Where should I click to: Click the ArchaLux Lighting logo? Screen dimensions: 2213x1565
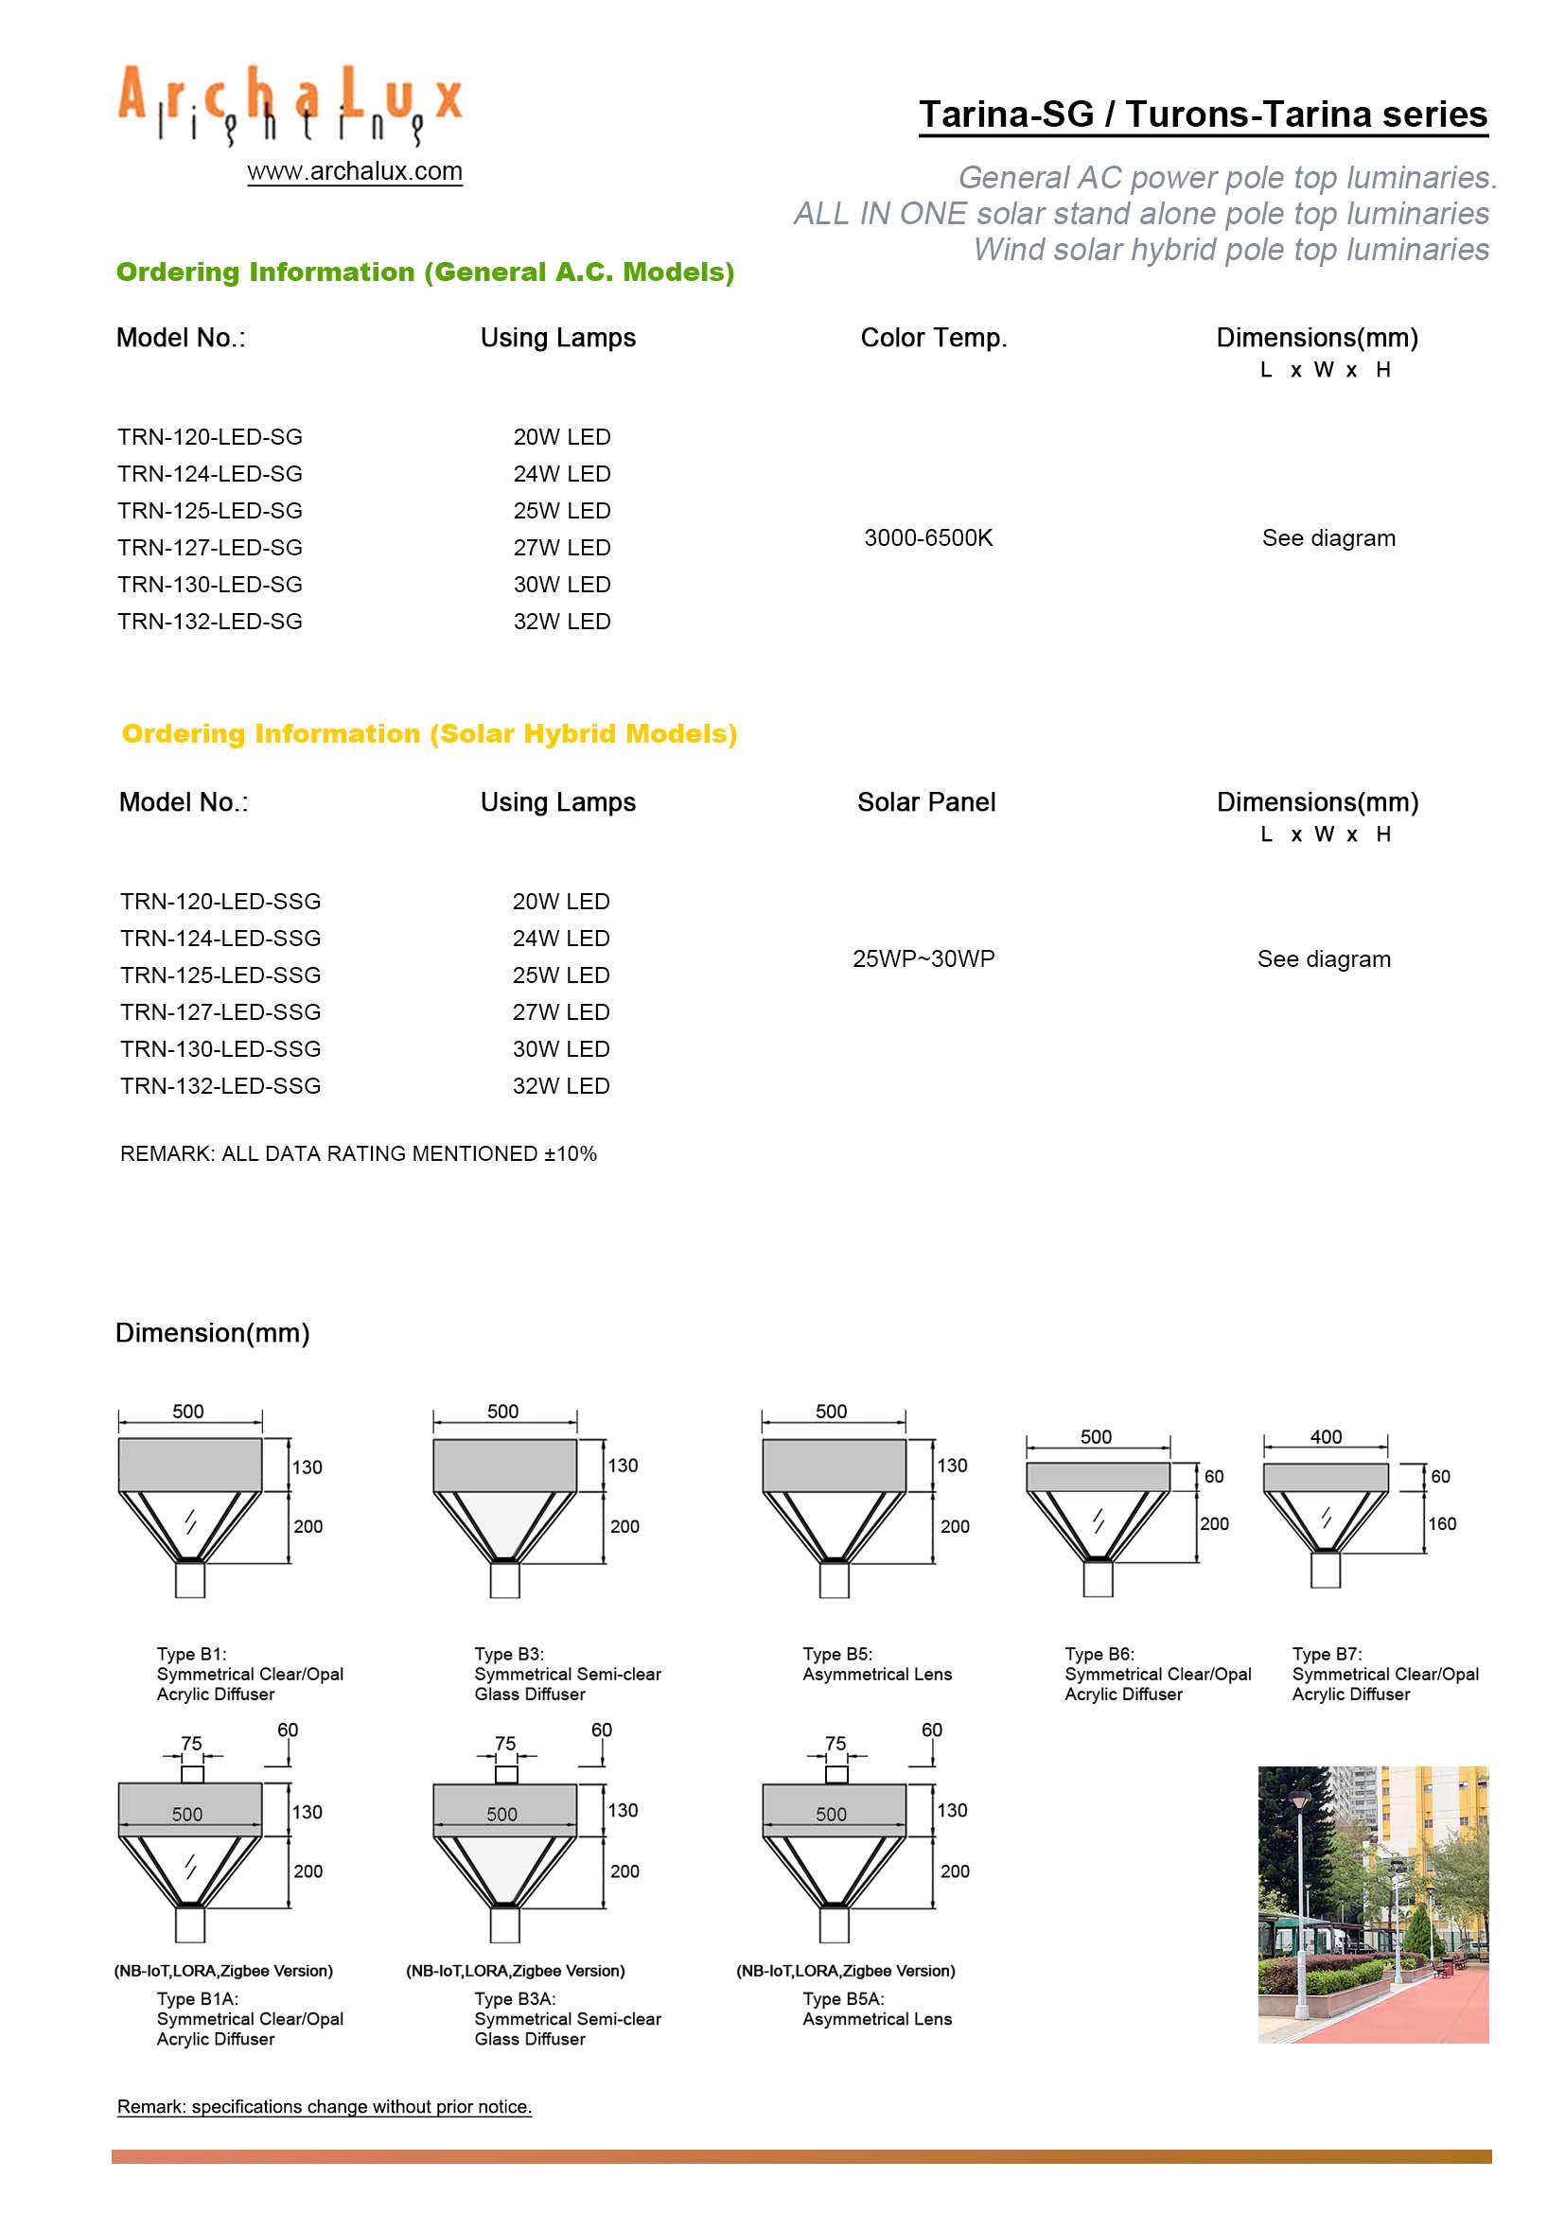click(290, 104)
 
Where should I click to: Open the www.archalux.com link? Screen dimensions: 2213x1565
click(355, 171)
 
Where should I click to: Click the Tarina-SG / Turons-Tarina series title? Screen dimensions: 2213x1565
click(1203, 114)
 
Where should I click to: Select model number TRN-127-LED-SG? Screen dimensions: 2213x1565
click(210, 548)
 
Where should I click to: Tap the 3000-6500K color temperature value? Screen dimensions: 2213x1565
click(928, 537)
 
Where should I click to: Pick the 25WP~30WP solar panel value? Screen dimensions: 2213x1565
click(923, 959)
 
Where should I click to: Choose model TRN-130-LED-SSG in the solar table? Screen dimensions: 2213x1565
click(220, 1048)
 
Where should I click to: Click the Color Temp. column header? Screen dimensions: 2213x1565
click(933, 338)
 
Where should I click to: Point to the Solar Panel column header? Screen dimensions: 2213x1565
click(926, 802)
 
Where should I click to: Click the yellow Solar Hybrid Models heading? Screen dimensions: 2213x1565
click(430, 733)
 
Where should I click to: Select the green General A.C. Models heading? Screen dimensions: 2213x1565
click(425, 272)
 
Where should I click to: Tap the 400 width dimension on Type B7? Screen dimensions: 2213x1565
click(1326, 1436)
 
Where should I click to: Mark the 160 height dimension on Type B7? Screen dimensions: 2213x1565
click(1442, 1524)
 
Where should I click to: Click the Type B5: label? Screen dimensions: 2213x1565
click(837, 1654)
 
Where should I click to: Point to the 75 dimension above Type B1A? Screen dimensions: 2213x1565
click(192, 1744)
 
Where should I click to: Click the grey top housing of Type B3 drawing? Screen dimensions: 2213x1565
click(504, 1465)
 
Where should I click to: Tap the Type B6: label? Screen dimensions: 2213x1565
click(1099, 1654)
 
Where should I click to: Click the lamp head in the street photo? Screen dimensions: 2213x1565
click(1300, 1799)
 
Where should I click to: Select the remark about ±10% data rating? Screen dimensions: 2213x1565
click(359, 1153)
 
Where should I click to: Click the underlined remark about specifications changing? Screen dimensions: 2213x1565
click(324, 2107)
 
